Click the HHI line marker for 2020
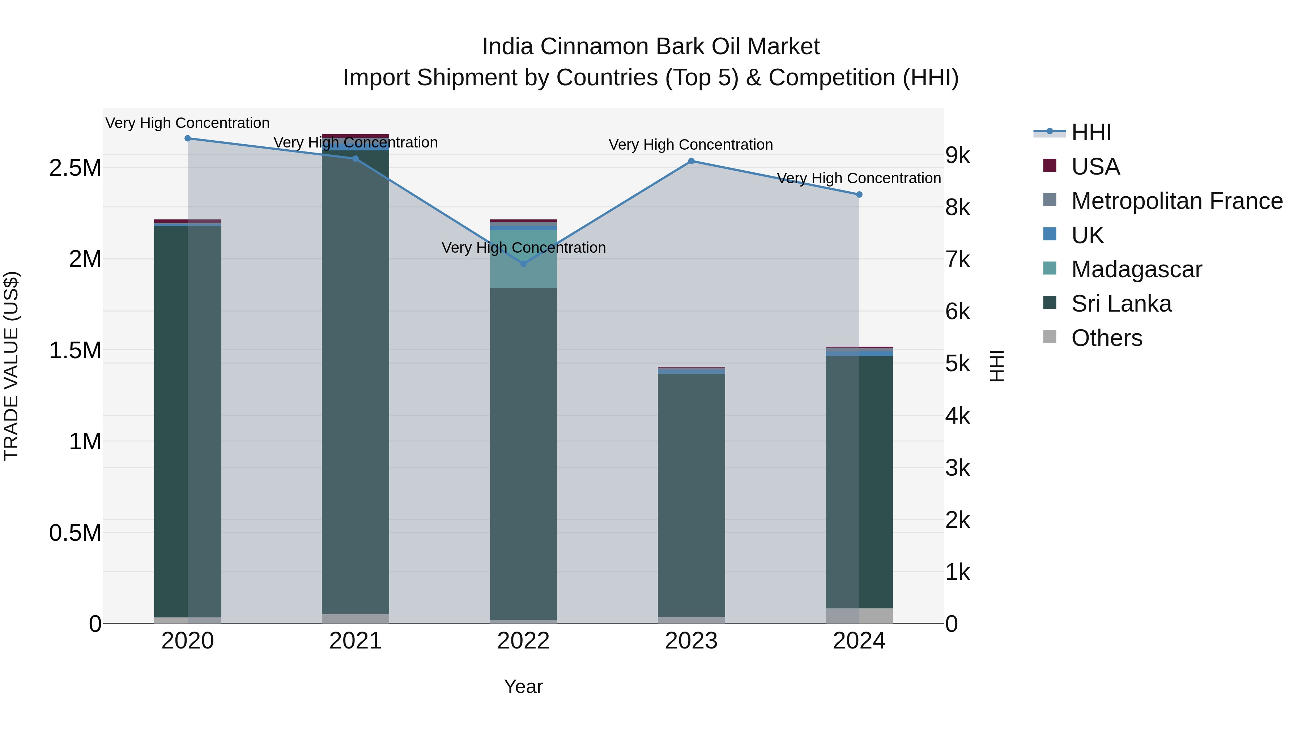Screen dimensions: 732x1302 click(x=187, y=138)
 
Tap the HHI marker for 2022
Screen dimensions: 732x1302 click(x=523, y=264)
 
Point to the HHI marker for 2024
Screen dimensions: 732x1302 click(x=859, y=194)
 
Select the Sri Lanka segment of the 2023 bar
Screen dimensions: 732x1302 click(x=691, y=495)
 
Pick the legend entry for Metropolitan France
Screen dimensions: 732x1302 click(x=1177, y=201)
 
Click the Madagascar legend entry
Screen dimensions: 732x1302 click(x=1136, y=269)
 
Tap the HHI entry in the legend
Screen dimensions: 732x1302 click(x=1091, y=132)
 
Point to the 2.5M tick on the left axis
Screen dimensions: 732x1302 click(x=75, y=168)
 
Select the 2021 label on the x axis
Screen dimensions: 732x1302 click(x=355, y=641)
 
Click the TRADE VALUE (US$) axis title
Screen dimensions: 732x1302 click(x=12, y=366)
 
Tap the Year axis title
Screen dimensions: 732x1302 click(x=523, y=686)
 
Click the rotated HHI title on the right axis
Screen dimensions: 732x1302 click(x=996, y=366)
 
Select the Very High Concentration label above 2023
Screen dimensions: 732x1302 click(x=690, y=145)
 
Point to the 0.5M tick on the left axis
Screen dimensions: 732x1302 click(x=75, y=533)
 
